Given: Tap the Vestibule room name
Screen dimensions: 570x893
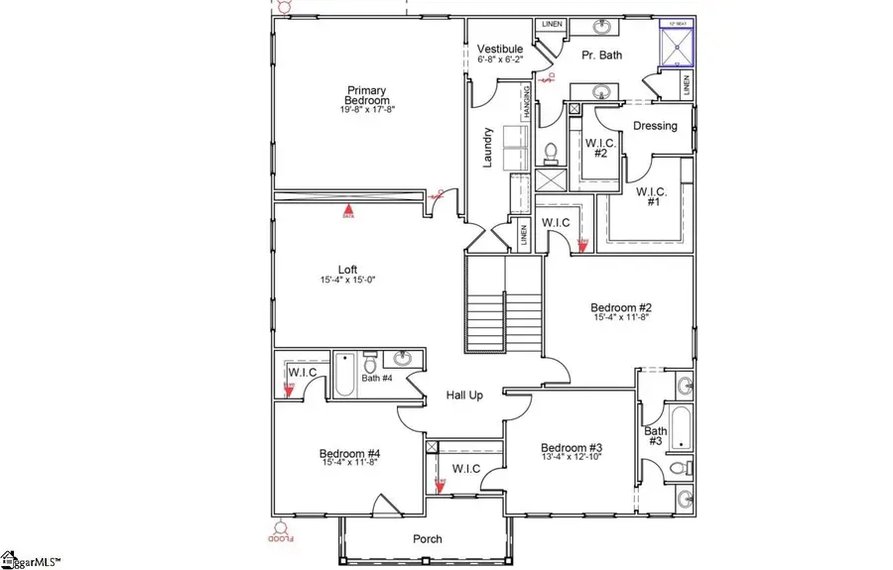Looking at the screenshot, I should pos(499,49).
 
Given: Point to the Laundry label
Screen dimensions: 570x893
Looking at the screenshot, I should pos(488,147).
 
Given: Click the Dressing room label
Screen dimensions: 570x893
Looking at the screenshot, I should pos(655,126).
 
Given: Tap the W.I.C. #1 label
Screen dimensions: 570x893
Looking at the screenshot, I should pos(650,196).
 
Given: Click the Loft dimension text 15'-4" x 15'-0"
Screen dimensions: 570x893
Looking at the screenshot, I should pos(347,281).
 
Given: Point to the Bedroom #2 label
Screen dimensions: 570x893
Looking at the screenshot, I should pos(620,307).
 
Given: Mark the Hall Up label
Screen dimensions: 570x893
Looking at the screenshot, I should pos(463,396).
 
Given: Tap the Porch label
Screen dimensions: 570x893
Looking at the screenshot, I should pos(428,539).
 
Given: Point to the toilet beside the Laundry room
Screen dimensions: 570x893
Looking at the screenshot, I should pos(551,154).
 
